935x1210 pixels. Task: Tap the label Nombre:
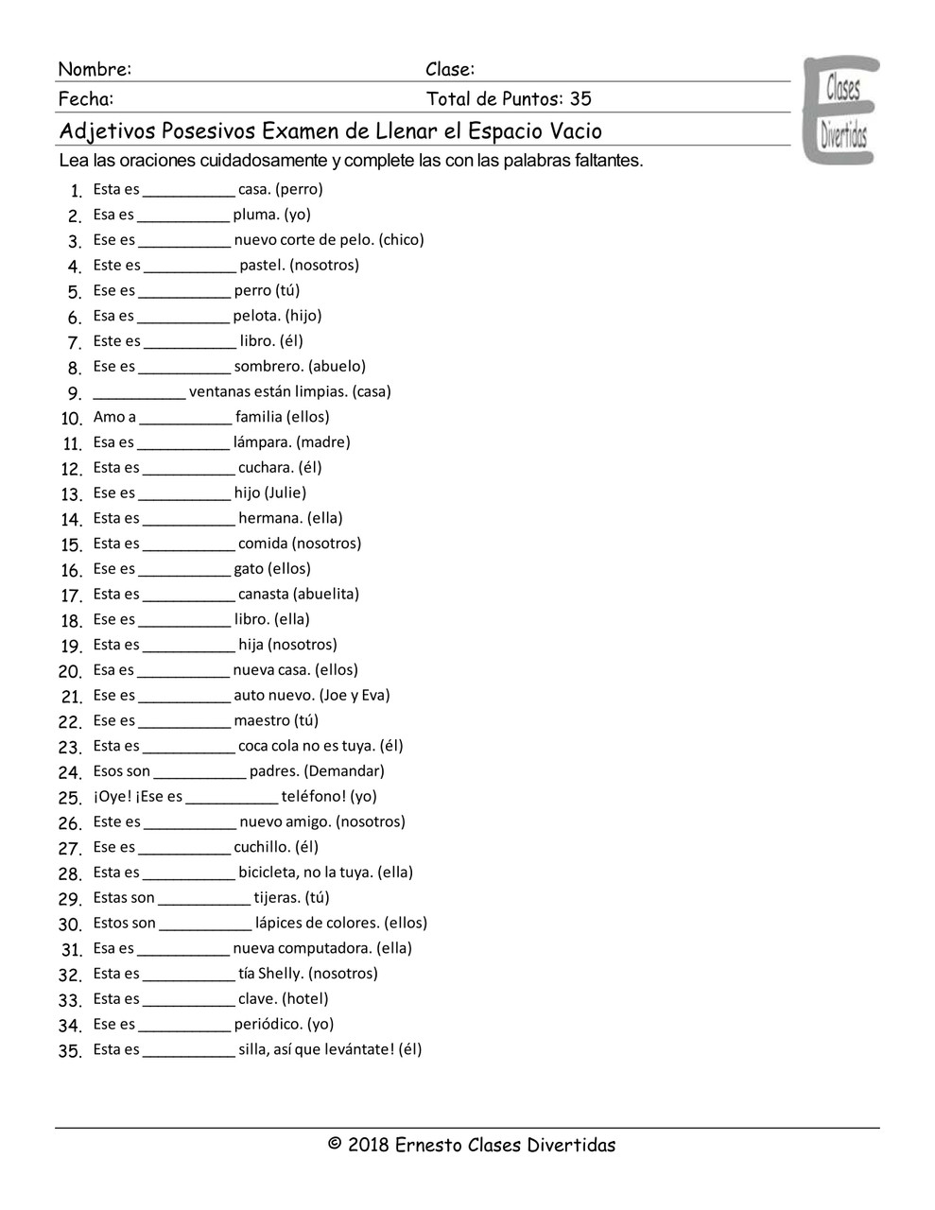coord(95,69)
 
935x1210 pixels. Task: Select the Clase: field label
coord(450,69)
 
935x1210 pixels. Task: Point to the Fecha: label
coord(86,99)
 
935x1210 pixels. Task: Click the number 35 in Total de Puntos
coord(580,99)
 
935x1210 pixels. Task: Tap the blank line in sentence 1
coord(189,193)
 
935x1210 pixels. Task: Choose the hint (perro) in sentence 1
coord(299,189)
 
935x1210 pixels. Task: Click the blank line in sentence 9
coord(139,396)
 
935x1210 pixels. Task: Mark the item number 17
coord(72,596)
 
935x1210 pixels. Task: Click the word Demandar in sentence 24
coord(344,771)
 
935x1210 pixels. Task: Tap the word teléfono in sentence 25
coord(314,796)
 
